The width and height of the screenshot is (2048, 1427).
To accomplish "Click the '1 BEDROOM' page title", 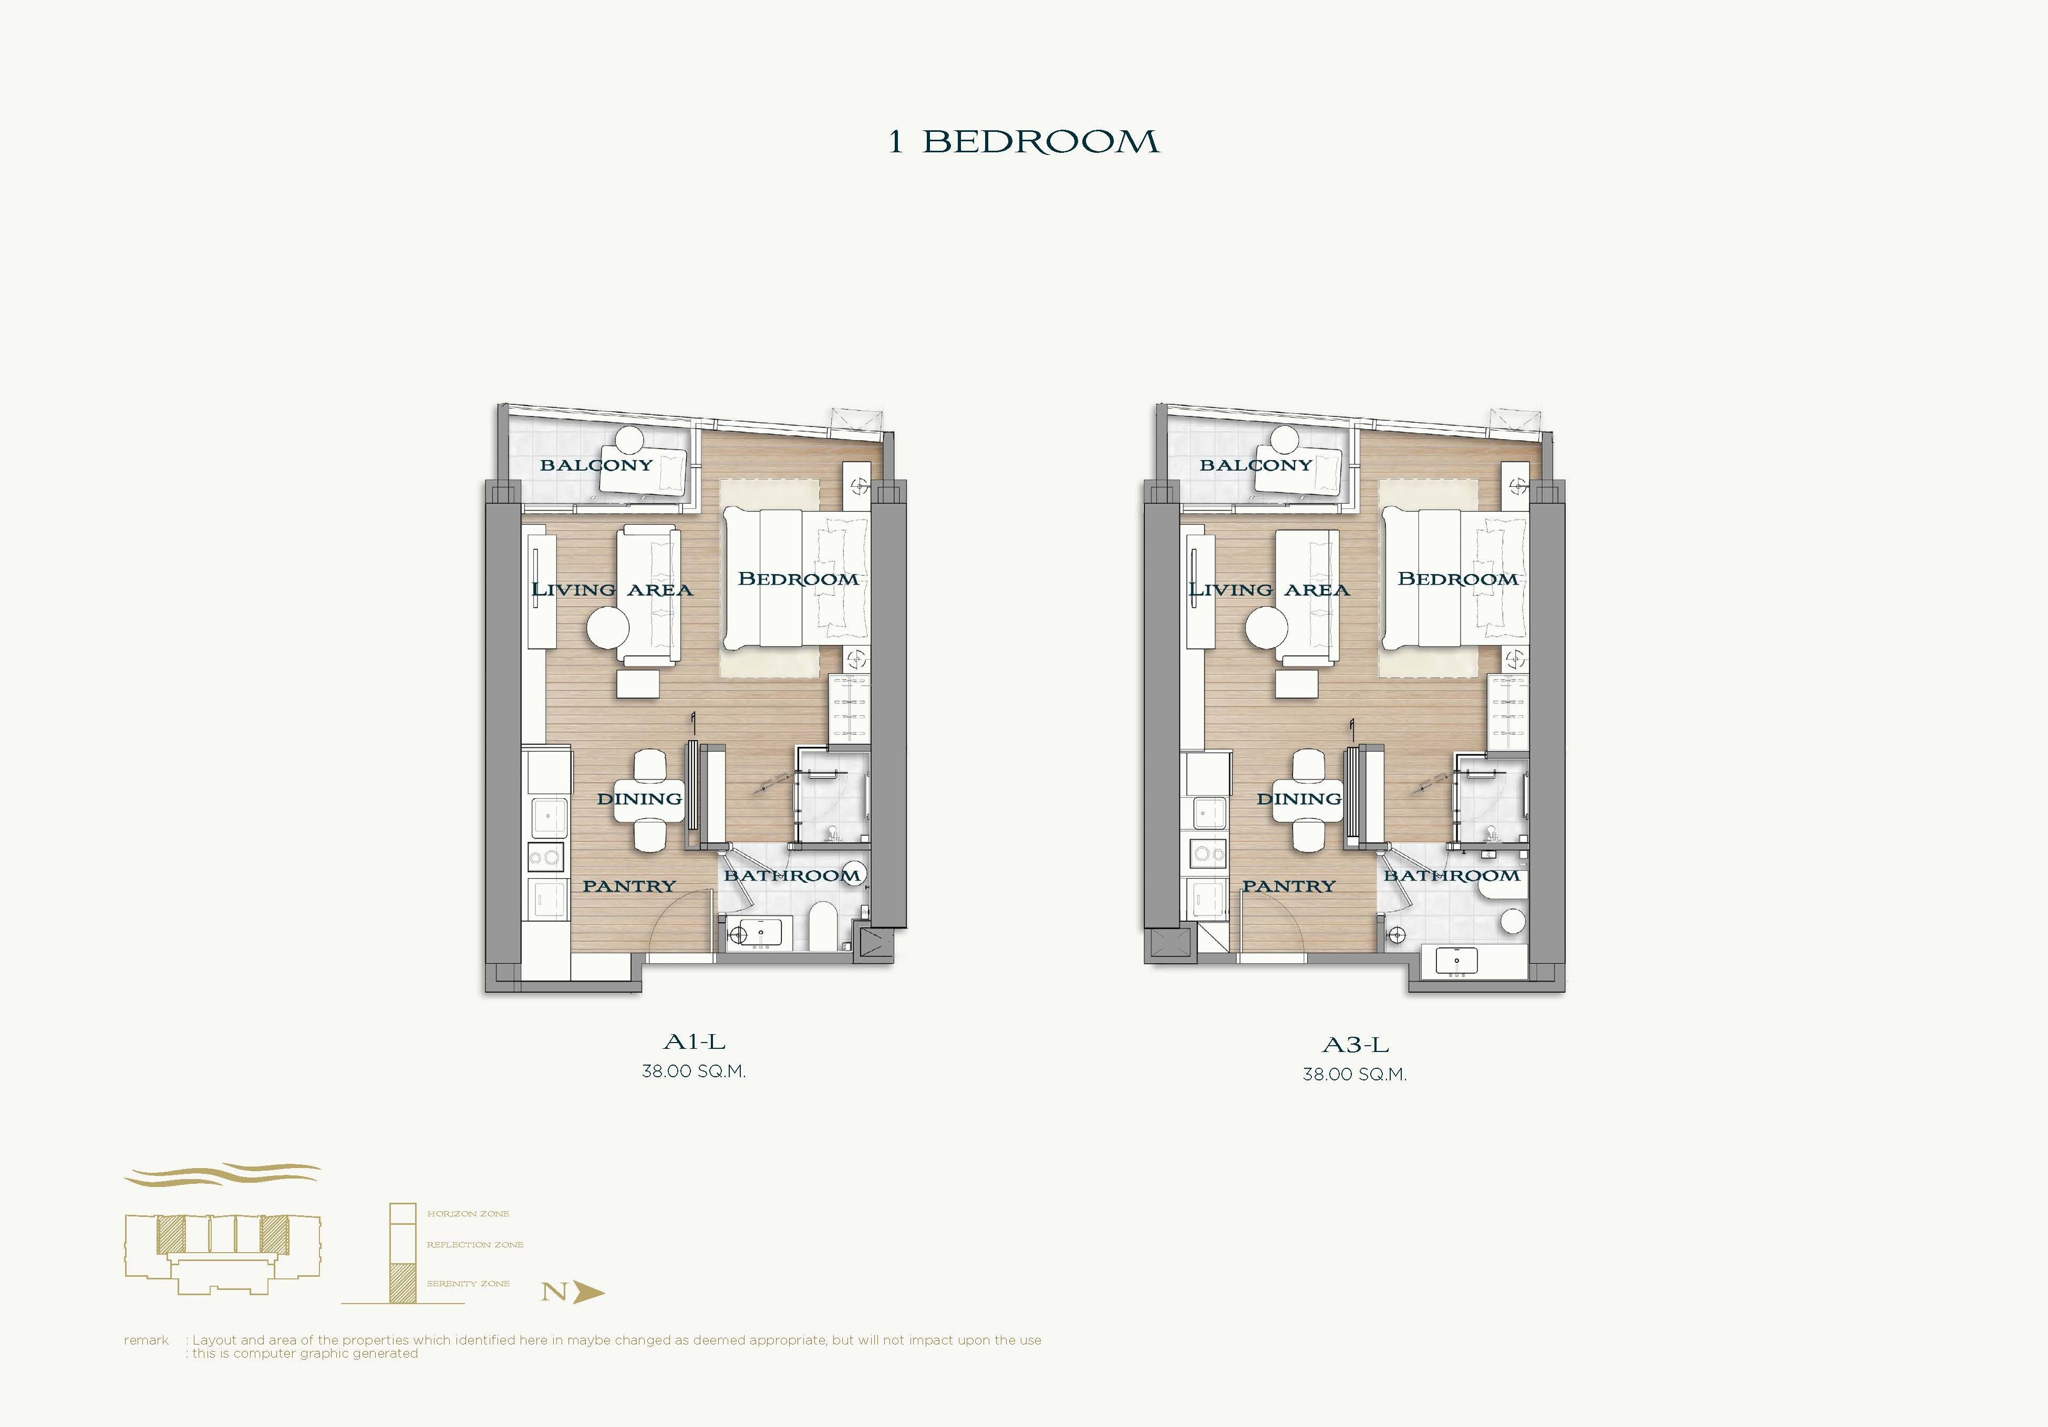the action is click(x=1023, y=142).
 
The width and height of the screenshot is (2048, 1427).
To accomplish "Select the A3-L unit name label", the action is click(x=1355, y=1045).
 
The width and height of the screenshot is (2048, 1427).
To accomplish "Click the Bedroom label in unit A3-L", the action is click(x=1457, y=579).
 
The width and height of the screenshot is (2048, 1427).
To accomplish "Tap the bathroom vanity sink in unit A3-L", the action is click(x=1456, y=962).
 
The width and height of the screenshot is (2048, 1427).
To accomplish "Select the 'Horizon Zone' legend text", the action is click(x=468, y=1214).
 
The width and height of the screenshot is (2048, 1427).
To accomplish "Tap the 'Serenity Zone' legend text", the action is click(x=468, y=1284).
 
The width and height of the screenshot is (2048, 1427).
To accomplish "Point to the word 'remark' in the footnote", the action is click(x=146, y=1340).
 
